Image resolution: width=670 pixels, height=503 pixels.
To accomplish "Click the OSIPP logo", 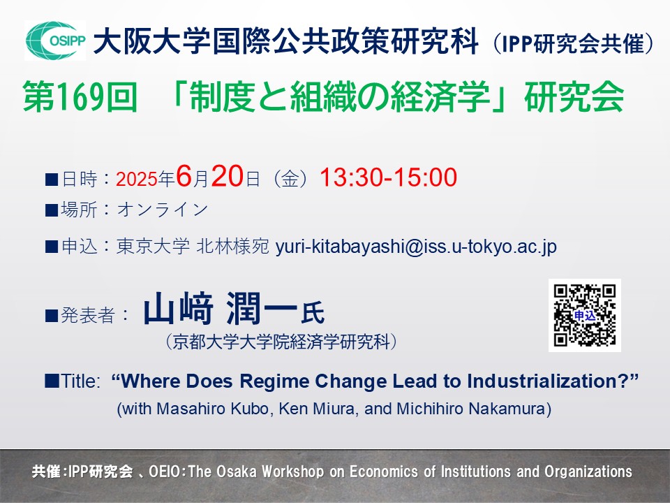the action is tap(55, 41).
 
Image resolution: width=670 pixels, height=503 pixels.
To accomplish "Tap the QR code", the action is tap(585, 315).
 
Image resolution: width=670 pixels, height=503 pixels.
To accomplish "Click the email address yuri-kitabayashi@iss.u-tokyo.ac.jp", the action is tap(416, 247).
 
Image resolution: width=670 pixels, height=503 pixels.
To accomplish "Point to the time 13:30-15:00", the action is tap(389, 177).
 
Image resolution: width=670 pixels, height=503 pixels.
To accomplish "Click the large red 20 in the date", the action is tap(228, 176).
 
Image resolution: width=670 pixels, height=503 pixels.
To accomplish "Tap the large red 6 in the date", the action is tap(184, 176).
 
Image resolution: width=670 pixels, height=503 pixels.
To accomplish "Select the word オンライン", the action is tap(163, 210).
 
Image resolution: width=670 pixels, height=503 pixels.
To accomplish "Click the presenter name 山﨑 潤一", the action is tap(220, 308).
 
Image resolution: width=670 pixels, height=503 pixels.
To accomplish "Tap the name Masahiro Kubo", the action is tap(213, 409).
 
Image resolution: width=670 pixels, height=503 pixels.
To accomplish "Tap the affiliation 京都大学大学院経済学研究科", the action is tap(281, 342).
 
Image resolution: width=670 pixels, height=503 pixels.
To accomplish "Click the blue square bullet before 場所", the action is tap(51, 210).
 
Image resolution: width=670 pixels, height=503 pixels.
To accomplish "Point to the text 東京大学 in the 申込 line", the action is tap(153, 247).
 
